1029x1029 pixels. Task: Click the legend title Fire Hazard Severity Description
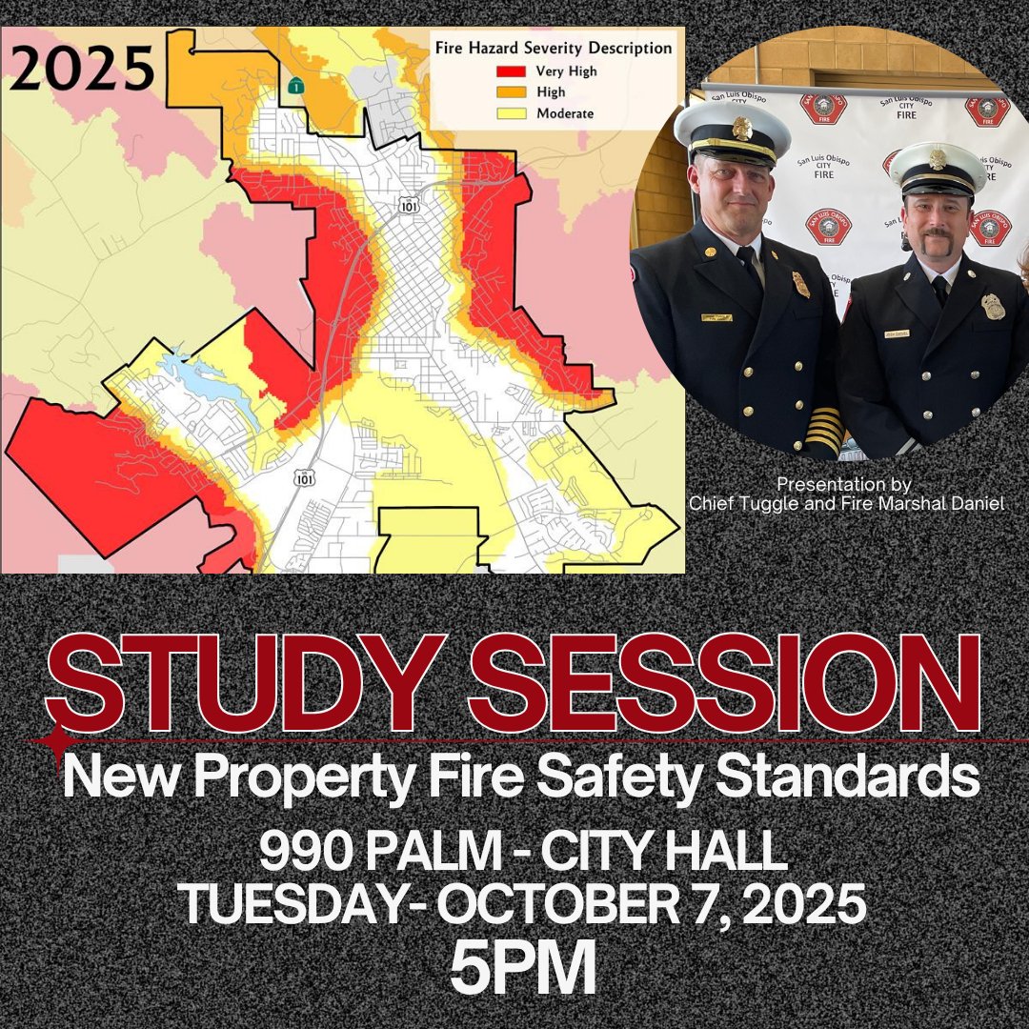point(553,48)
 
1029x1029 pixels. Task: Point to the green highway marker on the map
point(298,85)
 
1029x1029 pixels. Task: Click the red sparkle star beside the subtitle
point(63,740)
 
